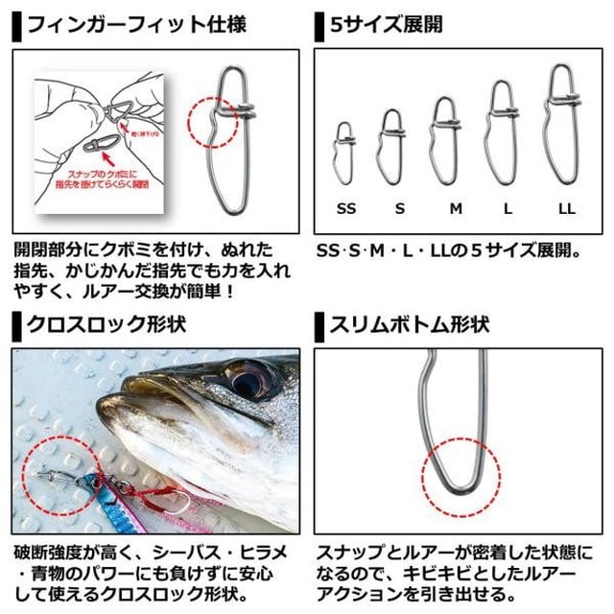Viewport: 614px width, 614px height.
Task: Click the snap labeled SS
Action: [x=345, y=153]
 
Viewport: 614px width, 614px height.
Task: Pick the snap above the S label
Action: [x=390, y=147]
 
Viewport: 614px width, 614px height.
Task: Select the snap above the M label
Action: [x=444, y=141]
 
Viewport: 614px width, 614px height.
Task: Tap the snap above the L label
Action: [x=500, y=133]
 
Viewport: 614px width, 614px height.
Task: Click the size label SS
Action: [x=345, y=206]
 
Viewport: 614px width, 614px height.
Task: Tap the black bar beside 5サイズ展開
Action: [x=319, y=25]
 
